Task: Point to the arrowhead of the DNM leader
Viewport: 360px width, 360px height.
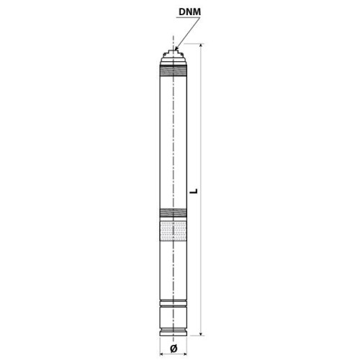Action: click(x=176, y=48)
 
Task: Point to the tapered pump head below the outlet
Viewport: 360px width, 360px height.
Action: click(x=174, y=58)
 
